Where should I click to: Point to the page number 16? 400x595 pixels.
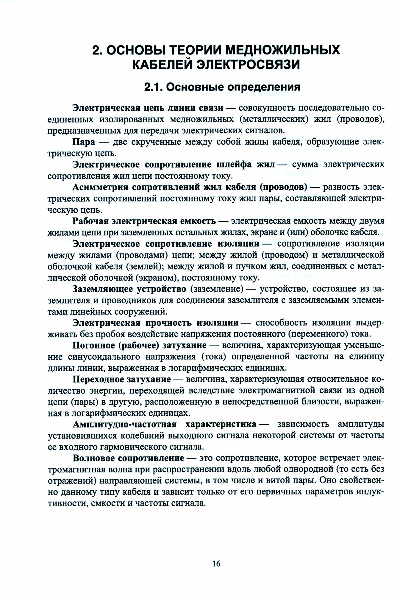click(x=216, y=555)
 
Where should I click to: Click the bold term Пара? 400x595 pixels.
click(x=84, y=142)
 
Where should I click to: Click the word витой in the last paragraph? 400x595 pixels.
click(x=292, y=481)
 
